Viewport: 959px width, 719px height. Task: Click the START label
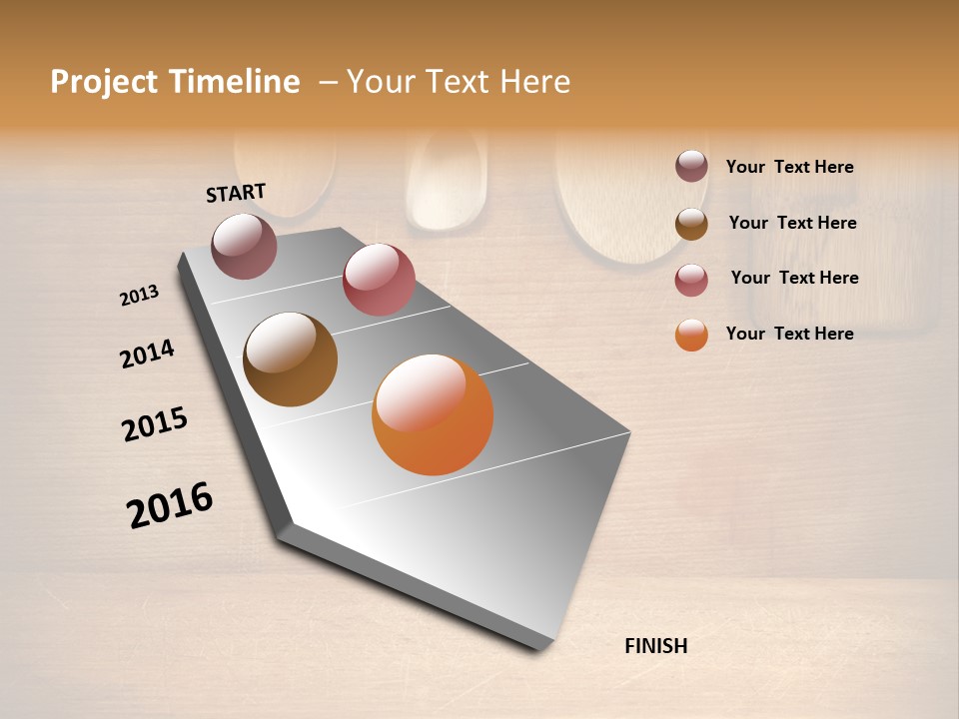(236, 193)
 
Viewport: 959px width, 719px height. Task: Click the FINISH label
(655, 646)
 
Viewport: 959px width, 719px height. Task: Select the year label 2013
(139, 296)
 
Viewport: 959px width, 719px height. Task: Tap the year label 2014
(147, 354)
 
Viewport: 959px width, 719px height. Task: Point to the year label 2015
(155, 424)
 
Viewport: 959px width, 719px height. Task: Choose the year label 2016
(170, 505)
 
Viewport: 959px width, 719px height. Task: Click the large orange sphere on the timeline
(433, 414)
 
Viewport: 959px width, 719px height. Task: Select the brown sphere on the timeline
(290, 359)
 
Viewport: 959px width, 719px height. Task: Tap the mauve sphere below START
(244, 246)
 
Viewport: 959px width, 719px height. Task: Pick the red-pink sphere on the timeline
(379, 280)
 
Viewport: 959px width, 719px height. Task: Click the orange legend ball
(691, 335)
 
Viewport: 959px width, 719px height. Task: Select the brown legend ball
(691, 224)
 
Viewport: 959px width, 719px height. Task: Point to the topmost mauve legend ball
(691, 166)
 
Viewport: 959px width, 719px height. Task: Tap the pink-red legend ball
(691, 280)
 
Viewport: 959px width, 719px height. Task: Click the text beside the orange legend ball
(789, 334)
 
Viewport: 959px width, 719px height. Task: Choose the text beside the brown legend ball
(792, 223)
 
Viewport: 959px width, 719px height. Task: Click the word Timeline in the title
(233, 82)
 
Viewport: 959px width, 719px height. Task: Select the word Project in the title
(104, 82)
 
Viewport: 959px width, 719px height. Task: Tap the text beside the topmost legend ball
(789, 167)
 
